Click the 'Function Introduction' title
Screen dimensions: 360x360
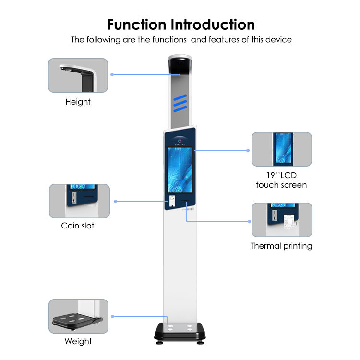pyautogui.click(x=181, y=24)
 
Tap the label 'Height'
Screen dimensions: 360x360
pyautogui.click(x=78, y=102)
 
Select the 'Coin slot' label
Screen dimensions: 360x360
pyautogui.click(x=78, y=226)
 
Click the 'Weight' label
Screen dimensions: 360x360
pyautogui.click(x=78, y=341)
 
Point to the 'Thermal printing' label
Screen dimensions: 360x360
pyautogui.click(x=281, y=246)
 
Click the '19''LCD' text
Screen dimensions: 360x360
pyautogui.click(x=281, y=175)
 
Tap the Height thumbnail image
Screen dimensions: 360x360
pyautogui.click(x=78, y=75)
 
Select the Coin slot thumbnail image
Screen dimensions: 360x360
pyautogui.click(x=79, y=201)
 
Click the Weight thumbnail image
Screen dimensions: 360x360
pyautogui.click(x=78, y=316)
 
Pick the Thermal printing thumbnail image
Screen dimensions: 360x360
pyautogui.click(x=282, y=220)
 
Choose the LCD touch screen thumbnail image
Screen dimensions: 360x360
pyautogui.click(x=282, y=149)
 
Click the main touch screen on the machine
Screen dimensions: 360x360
pyautogui.click(x=180, y=170)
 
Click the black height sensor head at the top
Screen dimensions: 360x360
pyautogui.click(x=180, y=65)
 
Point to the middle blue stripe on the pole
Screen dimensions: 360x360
pyautogui.click(x=180, y=103)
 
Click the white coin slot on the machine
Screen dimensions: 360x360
pyautogui.click(x=172, y=201)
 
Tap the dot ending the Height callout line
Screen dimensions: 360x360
pyautogui.click(x=112, y=74)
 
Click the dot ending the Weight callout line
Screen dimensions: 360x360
pyautogui.click(x=112, y=316)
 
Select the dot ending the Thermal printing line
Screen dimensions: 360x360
pyautogui.click(x=249, y=221)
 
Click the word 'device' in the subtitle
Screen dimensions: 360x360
pyautogui.click(x=278, y=40)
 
